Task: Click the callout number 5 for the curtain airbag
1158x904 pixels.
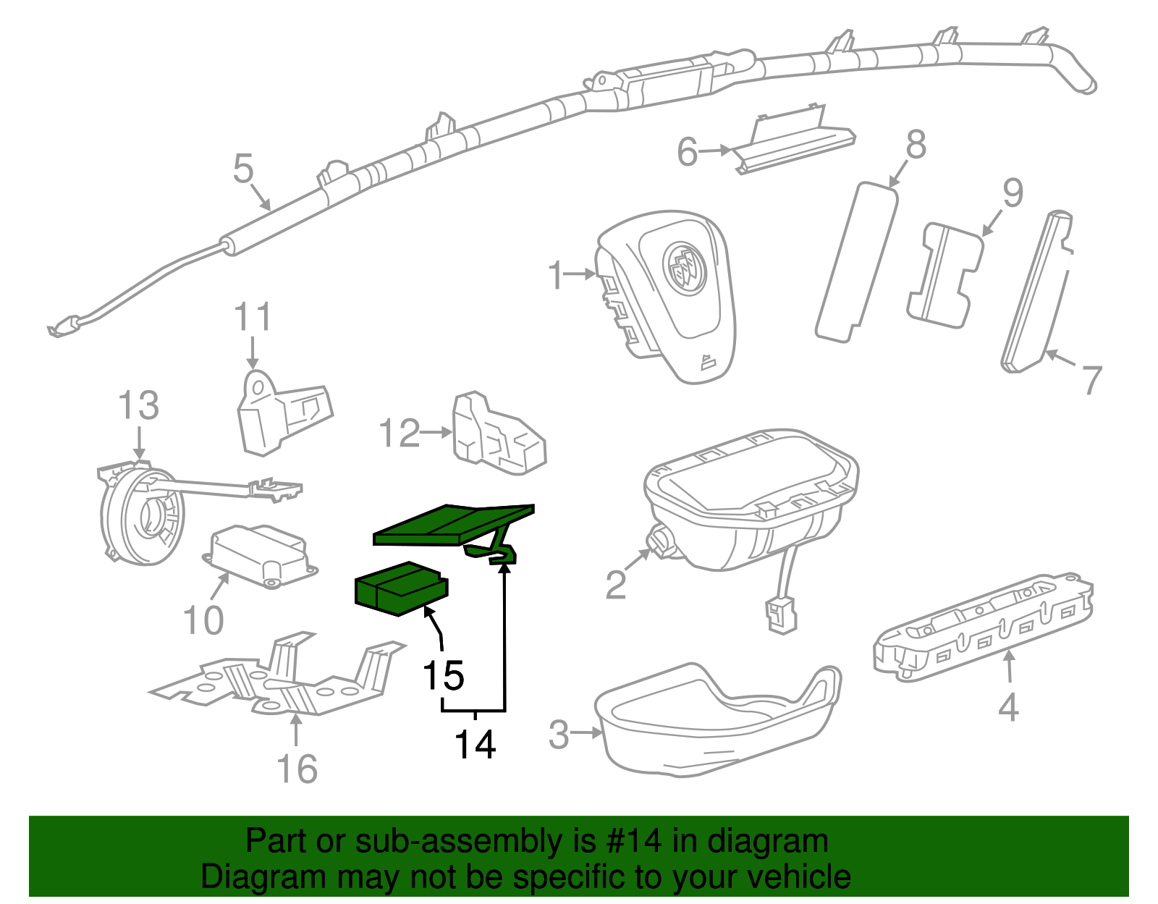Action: (x=243, y=169)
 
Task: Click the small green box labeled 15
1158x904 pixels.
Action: (x=400, y=588)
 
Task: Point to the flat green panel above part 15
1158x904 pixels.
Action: (x=452, y=524)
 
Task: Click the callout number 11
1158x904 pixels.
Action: (x=253, y=318)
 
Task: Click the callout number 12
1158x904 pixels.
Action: (x=399, y=434)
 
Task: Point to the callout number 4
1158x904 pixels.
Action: (x=1008, y=707)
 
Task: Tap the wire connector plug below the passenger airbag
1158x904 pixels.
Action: (x=779, y=615)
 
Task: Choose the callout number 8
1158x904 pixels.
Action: (x=916, y=145)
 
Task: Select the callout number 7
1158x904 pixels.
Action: (x=1091, y=379)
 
